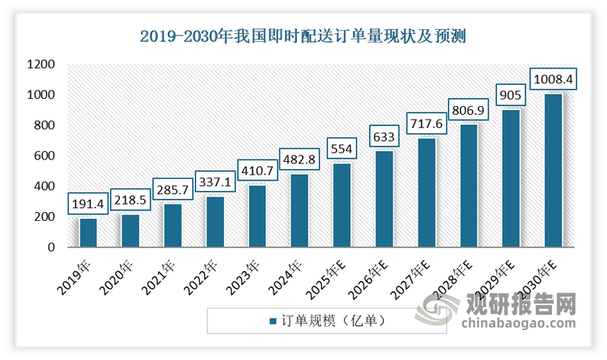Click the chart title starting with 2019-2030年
pos(303,36)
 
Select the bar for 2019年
pos(87,233)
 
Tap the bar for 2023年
pos(257,216)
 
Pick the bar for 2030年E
pos(553,171)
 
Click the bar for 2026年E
pos(384,199)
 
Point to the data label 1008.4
pos(553,80)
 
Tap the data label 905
pos(511,95)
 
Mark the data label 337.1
pos(214,183)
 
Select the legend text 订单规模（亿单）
pos(332,321)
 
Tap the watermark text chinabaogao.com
pos(518,324)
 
